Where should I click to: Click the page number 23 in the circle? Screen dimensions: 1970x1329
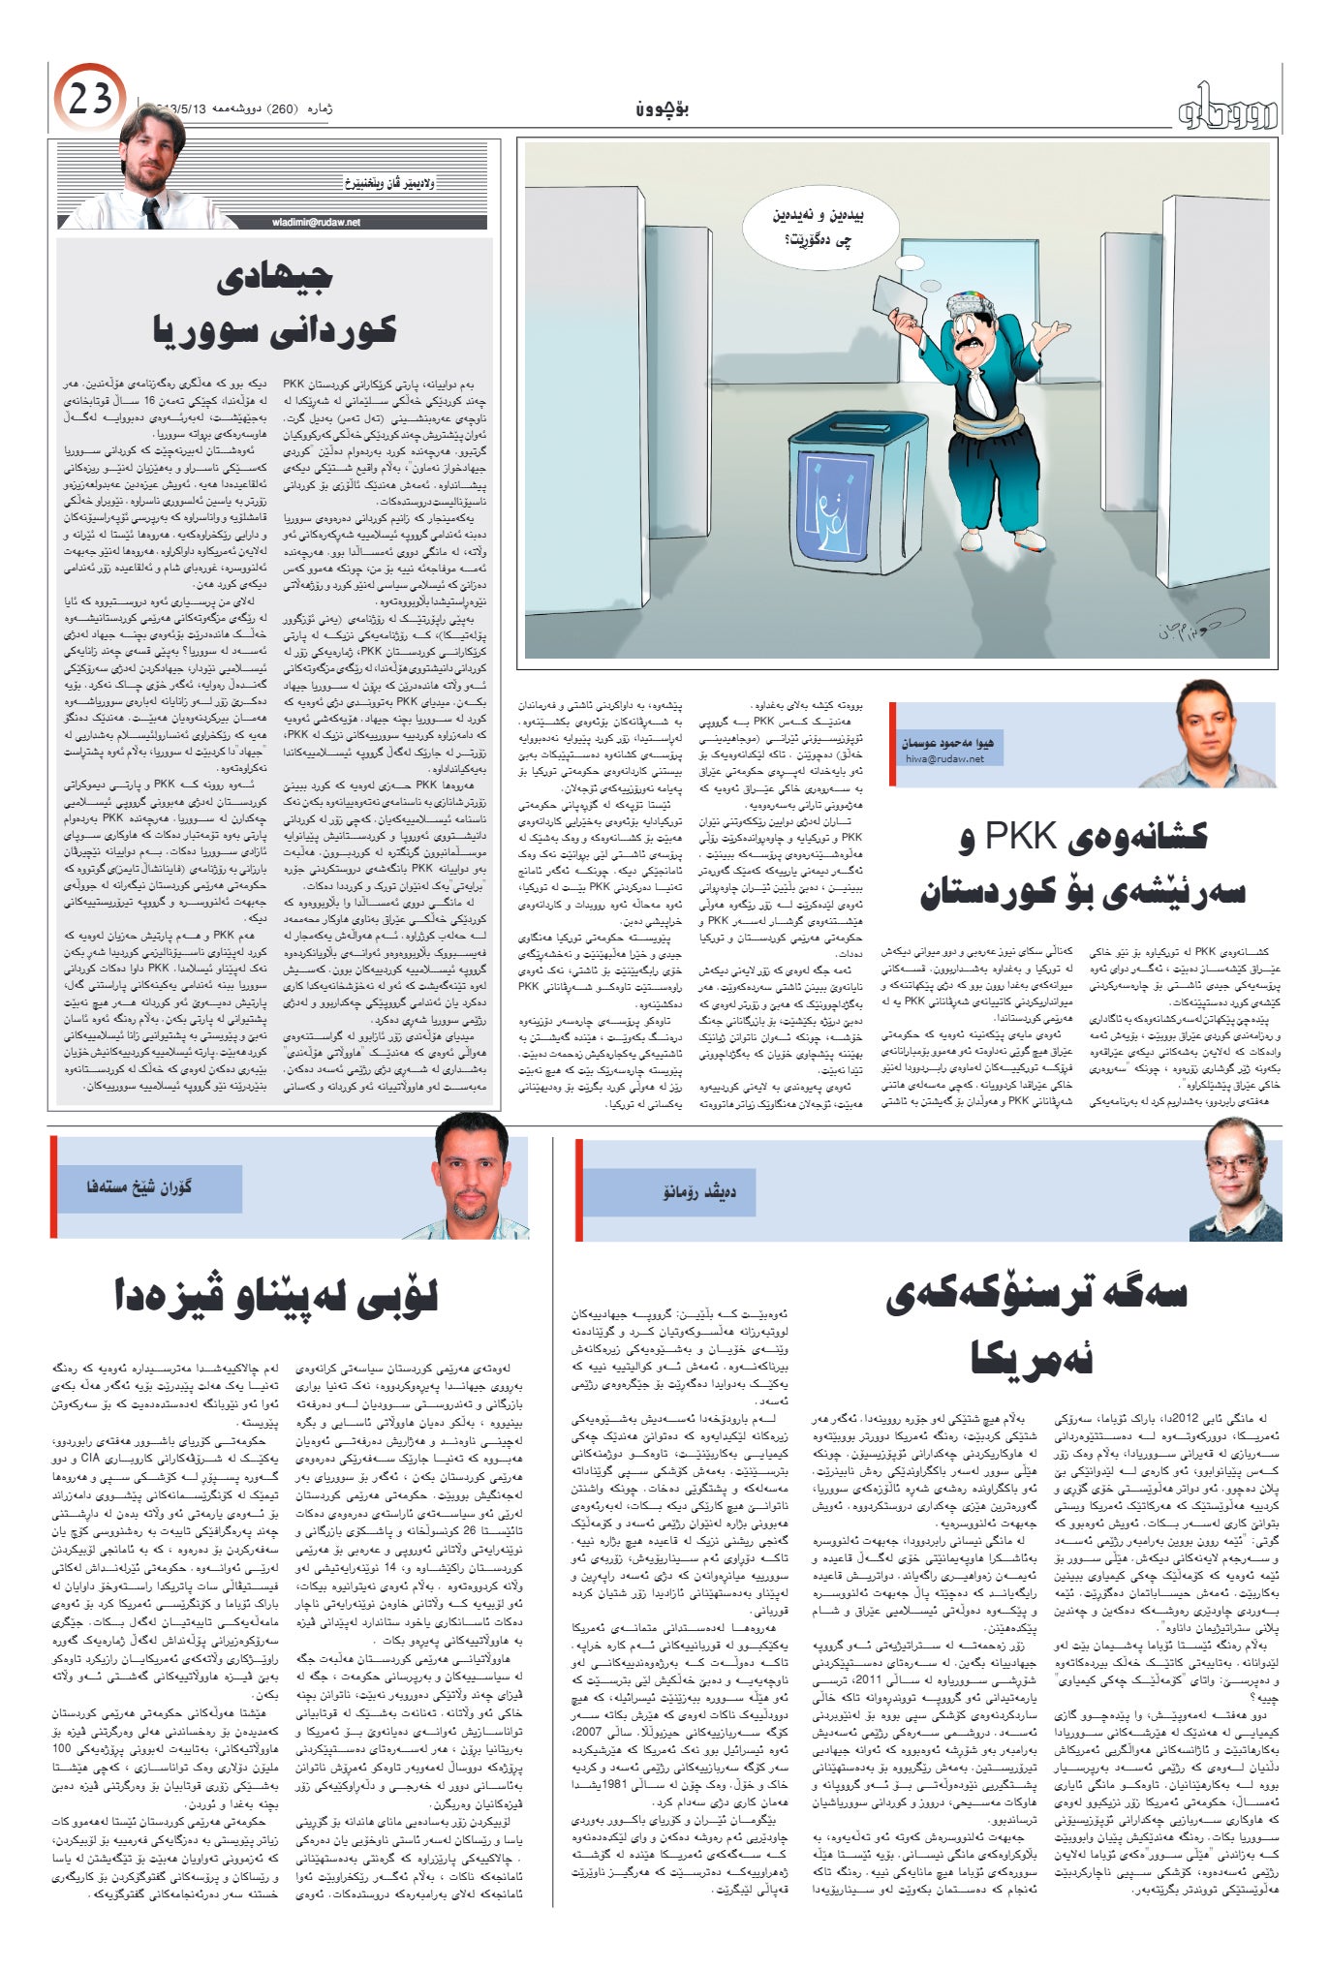click(90, 99)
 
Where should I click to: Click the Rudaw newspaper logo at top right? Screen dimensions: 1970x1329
click(1227, 110)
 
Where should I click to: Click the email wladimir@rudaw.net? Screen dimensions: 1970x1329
click(316, 222)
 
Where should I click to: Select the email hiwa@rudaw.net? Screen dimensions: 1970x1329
click(944, 759)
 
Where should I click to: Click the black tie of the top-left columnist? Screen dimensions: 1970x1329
click(152, 213)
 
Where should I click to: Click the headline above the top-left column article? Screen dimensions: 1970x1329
click(275, 304)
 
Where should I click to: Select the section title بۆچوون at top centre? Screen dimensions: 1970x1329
click(663, 108)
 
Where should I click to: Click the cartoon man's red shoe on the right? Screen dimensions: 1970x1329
click(1029, 539)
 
